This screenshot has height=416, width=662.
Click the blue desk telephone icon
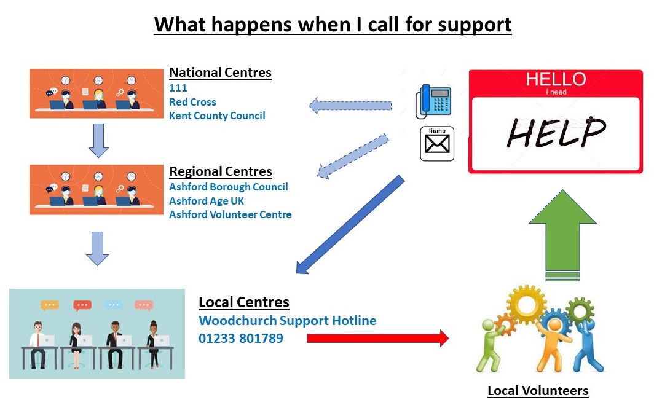pyautogui.click(x=433, y=101)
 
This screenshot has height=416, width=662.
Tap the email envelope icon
pyautogui.click(x=437, y=143)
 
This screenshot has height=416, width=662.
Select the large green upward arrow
pyautogui.click(x=562, y=235)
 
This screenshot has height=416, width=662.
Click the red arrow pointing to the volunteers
pyautogui.click(x=378, y=338)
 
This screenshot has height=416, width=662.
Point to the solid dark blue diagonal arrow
pyautogui.click(x=350, y=225)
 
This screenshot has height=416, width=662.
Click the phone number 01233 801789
pyautogui.click(x=241, y=339)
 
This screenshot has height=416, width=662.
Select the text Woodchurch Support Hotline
pyautogui.click(x=288, y=321)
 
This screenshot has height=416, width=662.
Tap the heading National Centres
pyautogui.click(x=221, y=73)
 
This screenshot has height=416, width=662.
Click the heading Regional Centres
pyautogui.click(x=221, y=171)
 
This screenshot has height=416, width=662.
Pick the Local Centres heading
pyautogui.click(x=244, y=302)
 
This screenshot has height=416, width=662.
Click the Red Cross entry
pyautogui.click(x=192, y=102)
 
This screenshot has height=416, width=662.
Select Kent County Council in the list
pyautogui.click(x=217, y=116)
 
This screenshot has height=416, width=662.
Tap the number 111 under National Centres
pyautogui.click(x=178, y=88)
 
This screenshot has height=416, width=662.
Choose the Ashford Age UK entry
pyautogui.click(x=207, y=201)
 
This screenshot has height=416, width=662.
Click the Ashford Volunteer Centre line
pyautogui.click(x=231, y=214)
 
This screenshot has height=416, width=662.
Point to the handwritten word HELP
pyautogui.click(x=556, y=133)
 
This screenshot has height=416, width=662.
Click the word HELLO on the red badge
pyautogui.click(x=556, y=79)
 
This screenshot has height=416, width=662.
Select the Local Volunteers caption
pyautogui.click(x=538, y=391)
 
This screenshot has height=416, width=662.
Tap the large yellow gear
pyautogui.click(x=527, y=304)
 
